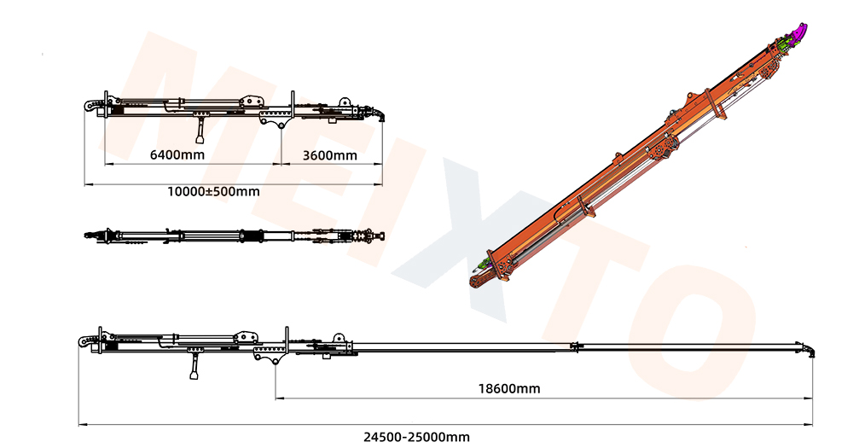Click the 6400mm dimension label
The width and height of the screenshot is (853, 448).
click(177, 154)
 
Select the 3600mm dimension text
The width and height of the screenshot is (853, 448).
click(330, 154)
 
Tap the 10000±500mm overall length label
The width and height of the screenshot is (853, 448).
click(213, 191)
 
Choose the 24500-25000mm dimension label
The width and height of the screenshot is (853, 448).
click(416, 436)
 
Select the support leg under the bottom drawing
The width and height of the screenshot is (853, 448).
click(195, 369)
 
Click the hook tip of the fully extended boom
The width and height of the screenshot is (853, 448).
click(808, 349)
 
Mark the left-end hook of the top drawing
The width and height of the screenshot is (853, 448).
click(90, 105)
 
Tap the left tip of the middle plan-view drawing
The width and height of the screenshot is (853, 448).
click(86, 235)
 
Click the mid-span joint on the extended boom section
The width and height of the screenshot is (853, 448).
click(577, 346)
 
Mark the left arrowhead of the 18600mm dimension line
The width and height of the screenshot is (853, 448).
click(278, 398)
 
